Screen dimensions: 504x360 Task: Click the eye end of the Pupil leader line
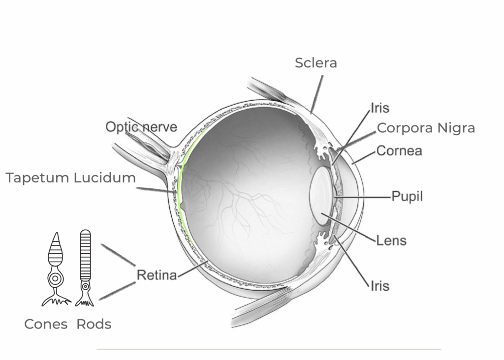pyautogui.click(x=334, y=197)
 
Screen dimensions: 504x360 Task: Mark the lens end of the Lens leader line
pyautogui.click(x=321, y=213)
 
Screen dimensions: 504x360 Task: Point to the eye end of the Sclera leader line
pyautogui.click(x=311, y=113)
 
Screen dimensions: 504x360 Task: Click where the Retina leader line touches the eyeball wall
pyautogui.click(x=207, y=262)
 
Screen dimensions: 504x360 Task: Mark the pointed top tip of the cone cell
pyautogui.click(x=57, y=233)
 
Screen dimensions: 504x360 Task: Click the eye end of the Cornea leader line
pyautogui.click(x=352, y=163)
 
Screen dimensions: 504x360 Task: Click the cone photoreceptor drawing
pyautogui.click(x=56, y=269)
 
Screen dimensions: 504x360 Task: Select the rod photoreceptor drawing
pyautogui.click(x=85, y=268)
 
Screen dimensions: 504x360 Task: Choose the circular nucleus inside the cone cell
pyautogui.click(x=55, y=278)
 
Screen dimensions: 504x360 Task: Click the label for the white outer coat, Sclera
pyautogui.click(x=316, y=63)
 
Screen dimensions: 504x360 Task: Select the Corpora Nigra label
pyautogui.click(x=426, y=128)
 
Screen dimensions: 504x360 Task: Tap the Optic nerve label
pyautogui.click(x=141, y=127)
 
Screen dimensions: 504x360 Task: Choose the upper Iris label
pyautogui.click(x=380, y=108)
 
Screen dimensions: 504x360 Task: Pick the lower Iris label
pyautogui.click(x=380, y=286)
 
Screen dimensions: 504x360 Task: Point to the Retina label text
pyautogui.click(x=157, y=275)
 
